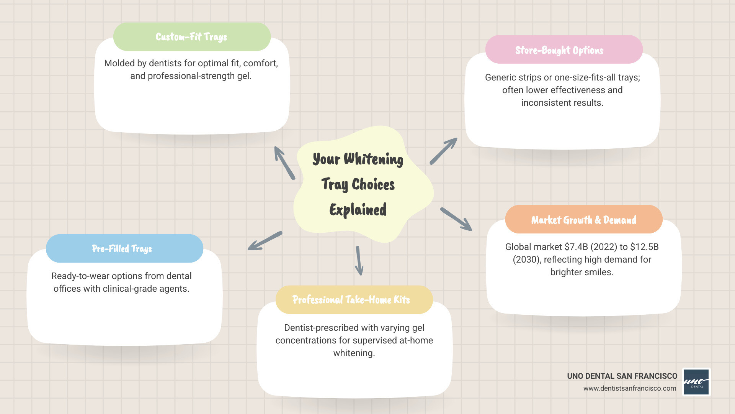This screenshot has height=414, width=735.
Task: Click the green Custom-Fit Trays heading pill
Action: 192,37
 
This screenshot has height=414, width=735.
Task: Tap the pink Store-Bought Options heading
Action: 563,50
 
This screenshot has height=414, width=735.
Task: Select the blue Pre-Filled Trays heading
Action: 124,248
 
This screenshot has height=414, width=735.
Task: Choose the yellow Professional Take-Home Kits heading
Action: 354,300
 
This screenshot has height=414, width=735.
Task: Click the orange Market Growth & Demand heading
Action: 584,220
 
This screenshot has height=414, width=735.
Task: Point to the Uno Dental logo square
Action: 696,382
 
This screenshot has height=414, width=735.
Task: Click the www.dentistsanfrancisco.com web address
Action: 630,388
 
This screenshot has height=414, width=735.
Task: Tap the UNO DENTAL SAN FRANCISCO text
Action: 622,376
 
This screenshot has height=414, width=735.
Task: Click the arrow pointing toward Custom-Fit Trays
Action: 284,163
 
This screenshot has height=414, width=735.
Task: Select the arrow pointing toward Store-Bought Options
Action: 443,151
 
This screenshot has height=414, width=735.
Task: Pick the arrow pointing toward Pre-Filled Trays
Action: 265,241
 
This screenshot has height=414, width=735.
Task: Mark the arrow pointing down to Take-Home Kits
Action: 359,261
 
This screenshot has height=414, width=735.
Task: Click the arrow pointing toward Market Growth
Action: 456,219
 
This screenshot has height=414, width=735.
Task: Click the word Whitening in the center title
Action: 373,159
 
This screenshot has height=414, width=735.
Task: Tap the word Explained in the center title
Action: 358,210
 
